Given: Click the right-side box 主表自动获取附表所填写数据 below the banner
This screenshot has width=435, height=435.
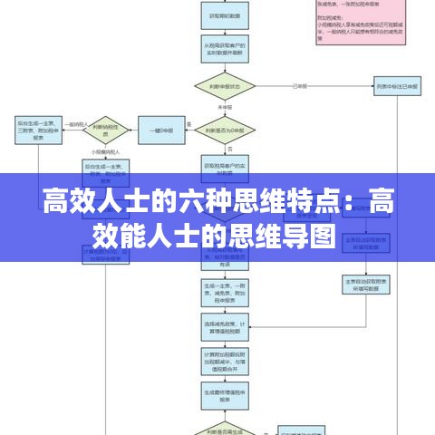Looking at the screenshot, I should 365,285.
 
